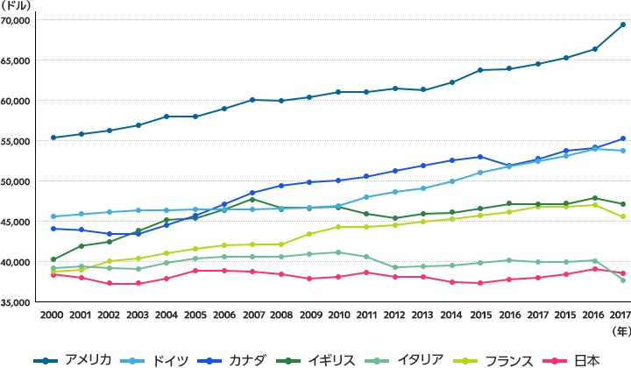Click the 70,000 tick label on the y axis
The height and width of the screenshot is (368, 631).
[16, 20]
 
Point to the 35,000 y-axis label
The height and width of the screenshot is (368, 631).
[16, 302]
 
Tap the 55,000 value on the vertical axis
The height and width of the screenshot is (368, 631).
[16, 141]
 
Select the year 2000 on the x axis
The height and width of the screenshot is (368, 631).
[53, 315]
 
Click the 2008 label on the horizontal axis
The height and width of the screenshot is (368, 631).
[280, 315]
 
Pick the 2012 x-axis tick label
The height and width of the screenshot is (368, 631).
[394, 315]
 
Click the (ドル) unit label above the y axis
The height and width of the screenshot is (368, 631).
[16, 6]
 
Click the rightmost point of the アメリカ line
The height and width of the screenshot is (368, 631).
[622, 25]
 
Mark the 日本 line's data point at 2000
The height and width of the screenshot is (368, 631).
[53, 274]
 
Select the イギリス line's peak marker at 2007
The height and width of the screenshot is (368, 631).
[252, 199]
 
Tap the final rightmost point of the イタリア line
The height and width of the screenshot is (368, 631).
[622, 280]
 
